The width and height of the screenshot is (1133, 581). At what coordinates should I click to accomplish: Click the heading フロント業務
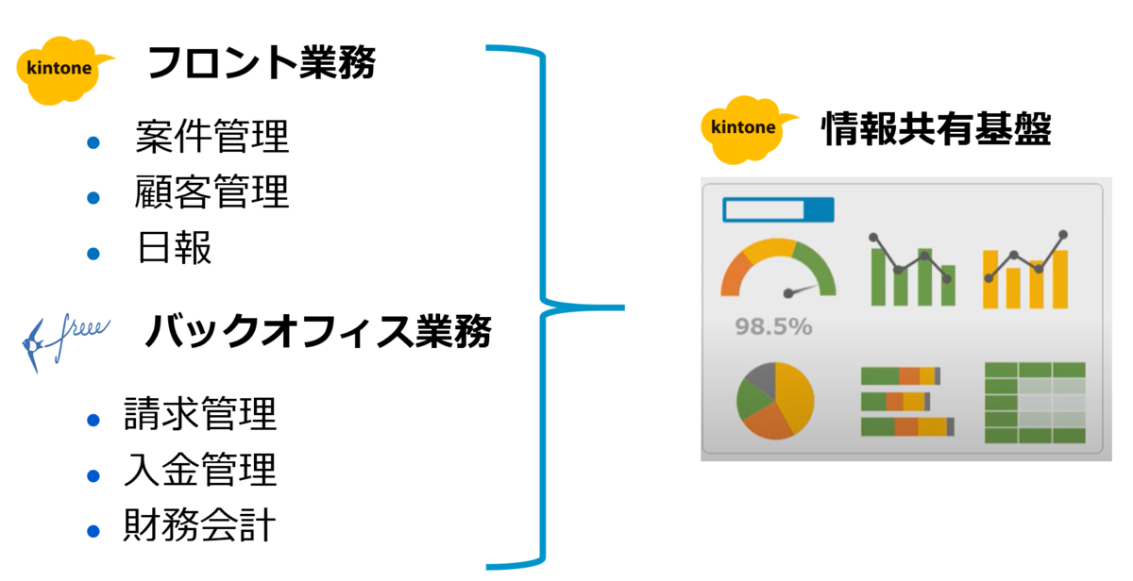tap(262, 64)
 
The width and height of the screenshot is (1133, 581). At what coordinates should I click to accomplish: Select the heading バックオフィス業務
tap(317, 331)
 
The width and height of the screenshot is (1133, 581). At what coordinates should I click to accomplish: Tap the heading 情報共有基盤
tap(936, 128)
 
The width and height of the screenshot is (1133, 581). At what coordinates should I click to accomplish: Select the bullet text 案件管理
tap(211, 138)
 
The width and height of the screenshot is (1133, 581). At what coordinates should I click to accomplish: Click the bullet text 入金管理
tap(199, 470)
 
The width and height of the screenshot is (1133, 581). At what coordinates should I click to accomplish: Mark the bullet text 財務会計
tap(199, 525)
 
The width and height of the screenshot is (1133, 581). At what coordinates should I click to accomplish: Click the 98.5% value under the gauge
tap(773, 327)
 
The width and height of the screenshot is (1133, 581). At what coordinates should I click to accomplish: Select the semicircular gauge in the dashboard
tap(778, 270)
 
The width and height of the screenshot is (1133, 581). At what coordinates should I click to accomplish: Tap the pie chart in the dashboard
tap(775, 400)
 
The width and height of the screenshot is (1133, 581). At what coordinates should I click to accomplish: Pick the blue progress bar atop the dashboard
tap(778, 209)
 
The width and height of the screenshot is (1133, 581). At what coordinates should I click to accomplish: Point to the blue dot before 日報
tap(93, 253)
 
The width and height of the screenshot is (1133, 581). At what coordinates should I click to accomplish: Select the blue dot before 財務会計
tap(93, 530)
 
